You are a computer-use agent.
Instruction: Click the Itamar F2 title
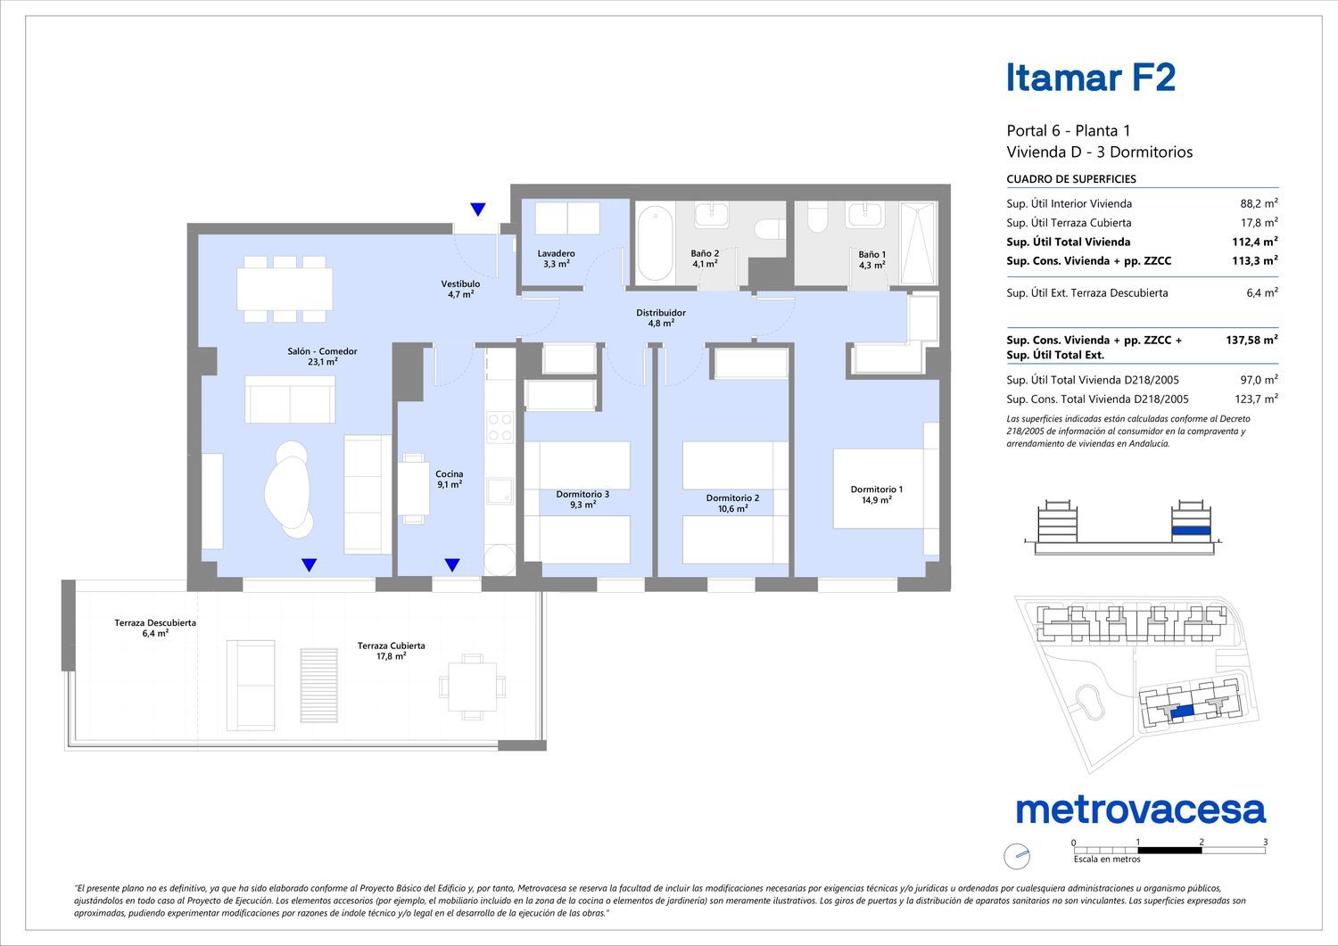point(1091,78)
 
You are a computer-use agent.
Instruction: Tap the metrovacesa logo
point(1141,810)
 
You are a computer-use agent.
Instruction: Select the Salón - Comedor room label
point(323,357)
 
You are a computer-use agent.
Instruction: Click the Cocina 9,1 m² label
point(450,479)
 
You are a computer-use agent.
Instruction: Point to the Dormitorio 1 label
point(877,495)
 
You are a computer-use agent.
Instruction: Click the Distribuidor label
point(661,317)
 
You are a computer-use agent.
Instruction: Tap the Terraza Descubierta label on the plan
point(155,628)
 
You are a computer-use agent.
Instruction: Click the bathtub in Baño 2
point(655,243)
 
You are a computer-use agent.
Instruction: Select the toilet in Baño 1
point(818,216)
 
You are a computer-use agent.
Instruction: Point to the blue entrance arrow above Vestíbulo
point(478,209)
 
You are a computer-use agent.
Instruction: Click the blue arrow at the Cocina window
point(452,564)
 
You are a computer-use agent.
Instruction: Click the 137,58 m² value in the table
point(1252,340)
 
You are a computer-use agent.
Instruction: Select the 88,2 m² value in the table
point(1260,203)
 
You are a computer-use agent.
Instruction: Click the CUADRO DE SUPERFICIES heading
point(1071,179)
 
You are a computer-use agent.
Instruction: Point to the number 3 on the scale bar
point(1265,842)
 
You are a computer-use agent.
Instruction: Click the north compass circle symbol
point(1017,857)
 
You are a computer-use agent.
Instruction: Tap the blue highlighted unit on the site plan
point(1182,712)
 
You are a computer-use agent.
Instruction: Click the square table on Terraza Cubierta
point(472,687)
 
